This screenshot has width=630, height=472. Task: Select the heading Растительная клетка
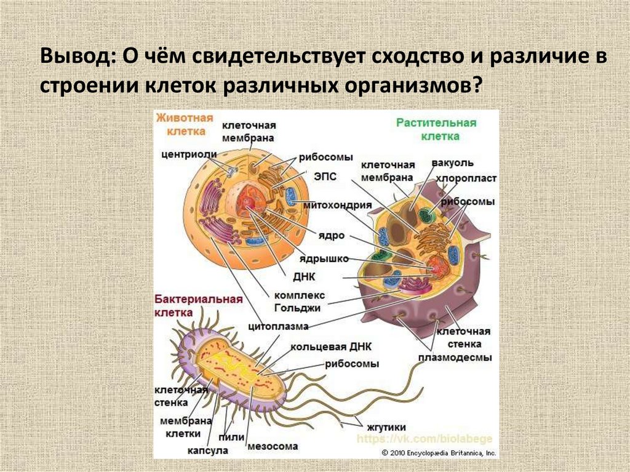pyautogui.click(x=436, y=129)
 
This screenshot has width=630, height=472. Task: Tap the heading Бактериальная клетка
pyautogui.click(x=196, y=305)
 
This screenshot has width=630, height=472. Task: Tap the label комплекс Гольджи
pyautogui.click(x=300, y=301)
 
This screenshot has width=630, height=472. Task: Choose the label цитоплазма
pyautogui.click(x=279, y=326)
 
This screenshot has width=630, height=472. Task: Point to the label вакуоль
pyautogui.click(x=452, y=162)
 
